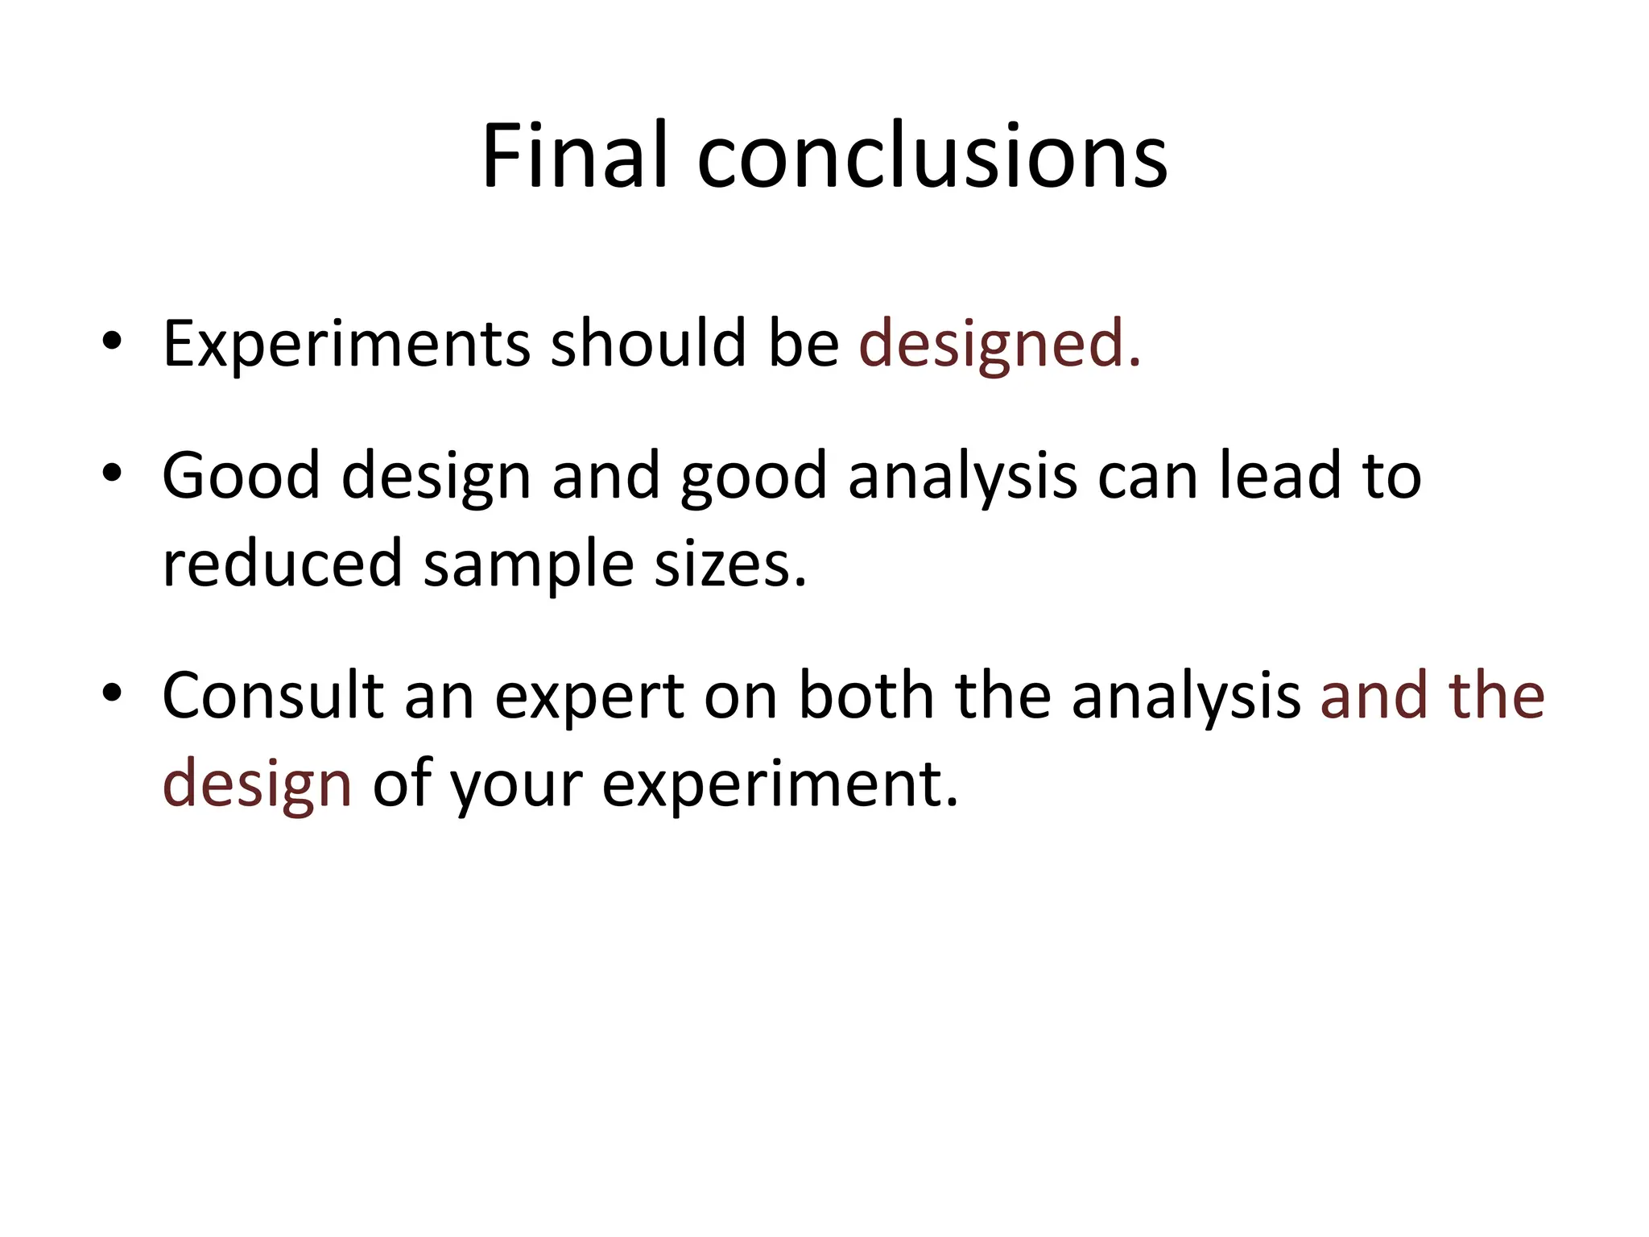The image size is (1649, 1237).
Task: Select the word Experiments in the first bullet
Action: (x=346, y=344)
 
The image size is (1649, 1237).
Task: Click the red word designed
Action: (x=999, y=344)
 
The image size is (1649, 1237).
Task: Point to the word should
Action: (x=648, y=344)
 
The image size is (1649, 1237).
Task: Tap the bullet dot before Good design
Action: (x=112, y=472)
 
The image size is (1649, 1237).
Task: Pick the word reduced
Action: (x=282, y=563)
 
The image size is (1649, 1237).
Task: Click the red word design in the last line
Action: (x=257, y=784)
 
